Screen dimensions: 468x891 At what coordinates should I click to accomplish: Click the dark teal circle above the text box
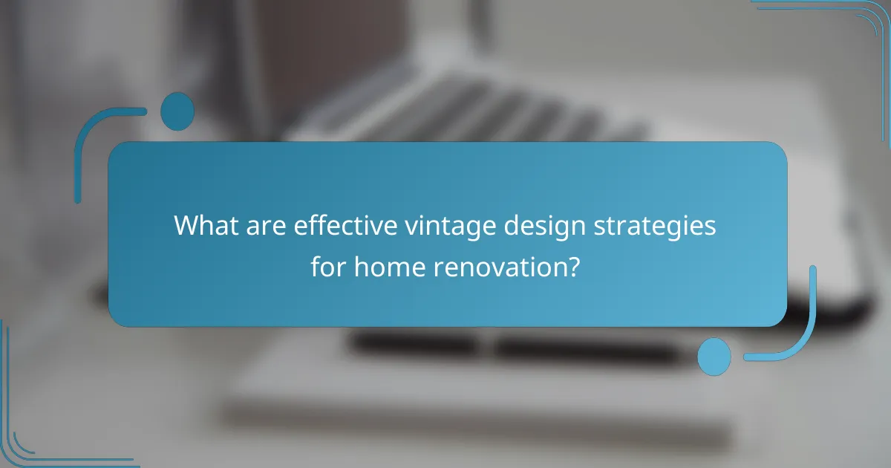(x=177, y=111)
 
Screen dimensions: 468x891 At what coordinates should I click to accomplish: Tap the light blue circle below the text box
(x=714, y=357)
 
